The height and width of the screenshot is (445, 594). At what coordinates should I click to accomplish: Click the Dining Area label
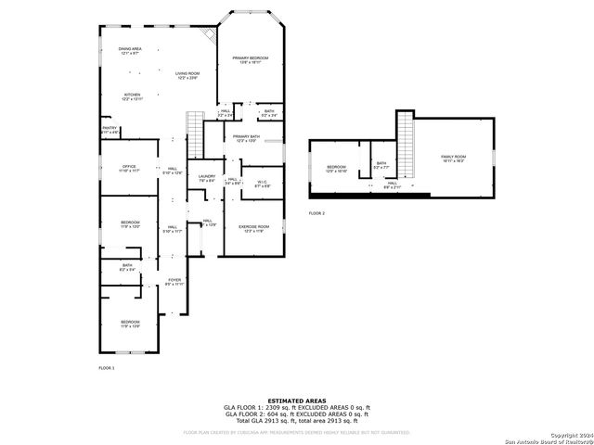click(130, 51)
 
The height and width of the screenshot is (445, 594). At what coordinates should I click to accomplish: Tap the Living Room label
click(188, 75)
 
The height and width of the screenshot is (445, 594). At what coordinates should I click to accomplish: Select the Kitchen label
click(133, 96)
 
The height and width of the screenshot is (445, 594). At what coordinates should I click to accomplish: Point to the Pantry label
click(110, 131)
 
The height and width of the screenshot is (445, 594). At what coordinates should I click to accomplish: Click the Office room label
click(129, 169)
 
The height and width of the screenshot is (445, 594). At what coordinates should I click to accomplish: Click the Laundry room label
click(207, 178)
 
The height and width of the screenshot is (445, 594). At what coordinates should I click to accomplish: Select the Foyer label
click(174, 281)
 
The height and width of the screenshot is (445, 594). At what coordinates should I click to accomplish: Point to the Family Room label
click(453, 159)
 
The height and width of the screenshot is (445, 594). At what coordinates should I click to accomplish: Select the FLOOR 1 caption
click(107, 368)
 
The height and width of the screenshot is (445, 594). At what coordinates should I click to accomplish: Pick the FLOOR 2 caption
click(316, 213)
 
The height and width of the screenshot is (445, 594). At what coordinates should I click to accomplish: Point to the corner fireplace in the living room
click(211, 34)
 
